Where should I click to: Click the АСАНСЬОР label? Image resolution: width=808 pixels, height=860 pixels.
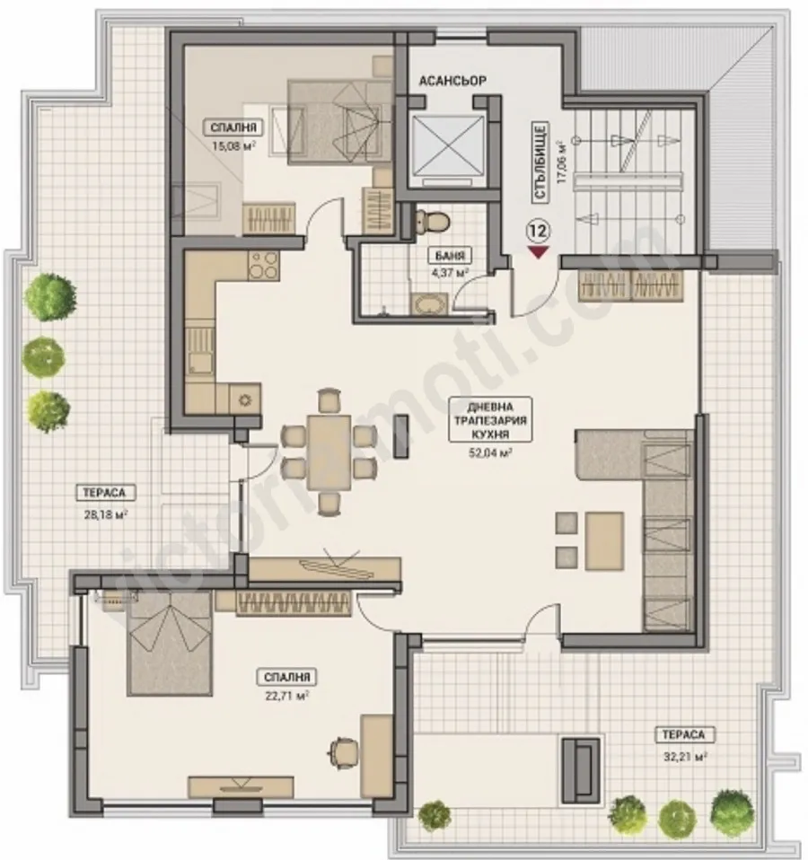tap(452, 81)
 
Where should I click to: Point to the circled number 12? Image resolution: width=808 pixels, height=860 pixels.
tap(539, 231)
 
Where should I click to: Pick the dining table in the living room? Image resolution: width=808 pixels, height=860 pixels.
tap(328, 452)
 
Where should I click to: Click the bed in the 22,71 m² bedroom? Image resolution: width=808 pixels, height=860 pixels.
tap(168, 642)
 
